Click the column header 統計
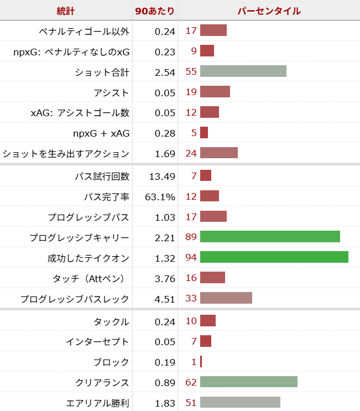coord(66,11)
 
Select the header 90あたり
coord(155,11)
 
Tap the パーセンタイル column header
coord(269,11)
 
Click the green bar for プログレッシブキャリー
coord(270,237)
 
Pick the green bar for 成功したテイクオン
coord(274,257)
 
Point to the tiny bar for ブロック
coord(201,362)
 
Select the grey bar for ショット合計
coord(243,71)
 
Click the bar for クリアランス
coord(249,382)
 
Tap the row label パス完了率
coord(106,196)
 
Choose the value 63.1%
coord(161,196)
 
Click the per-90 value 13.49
coord(162,176)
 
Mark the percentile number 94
coord(191,257)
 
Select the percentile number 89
coord(191,237)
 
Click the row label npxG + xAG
coord(101,133)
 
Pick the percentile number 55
coord(191,71)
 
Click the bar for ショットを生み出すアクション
coord(219,153)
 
